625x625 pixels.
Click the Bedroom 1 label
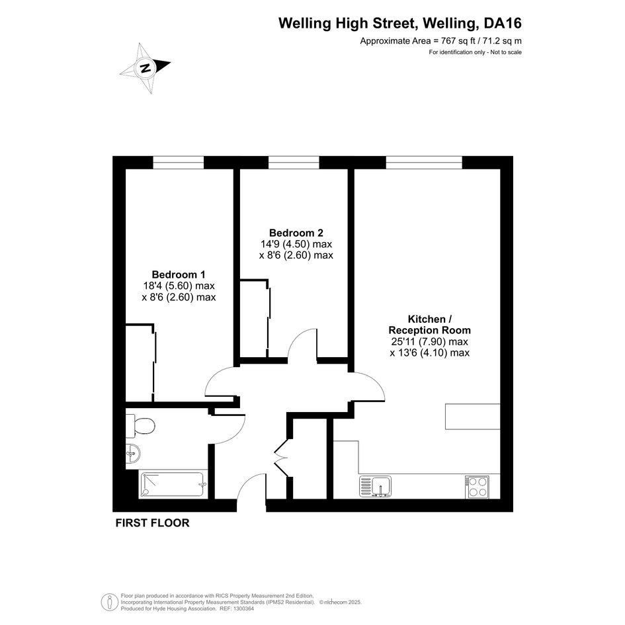tap(179, 274)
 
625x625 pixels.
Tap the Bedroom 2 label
tap(296, 233)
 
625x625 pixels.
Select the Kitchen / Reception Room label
tap(430, 325)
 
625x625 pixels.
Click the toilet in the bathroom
tap(140, 426)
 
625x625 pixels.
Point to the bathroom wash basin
tap(133, 454)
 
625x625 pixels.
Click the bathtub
tap(173, 485)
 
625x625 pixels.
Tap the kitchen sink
tap(376, 486)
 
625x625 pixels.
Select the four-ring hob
tap(477, 487)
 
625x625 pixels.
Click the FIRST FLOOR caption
tap(152, 523)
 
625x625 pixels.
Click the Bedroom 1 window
tap(179, 163)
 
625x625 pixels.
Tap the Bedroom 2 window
tap(294, 163)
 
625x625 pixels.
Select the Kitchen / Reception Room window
tap(424, 163)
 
